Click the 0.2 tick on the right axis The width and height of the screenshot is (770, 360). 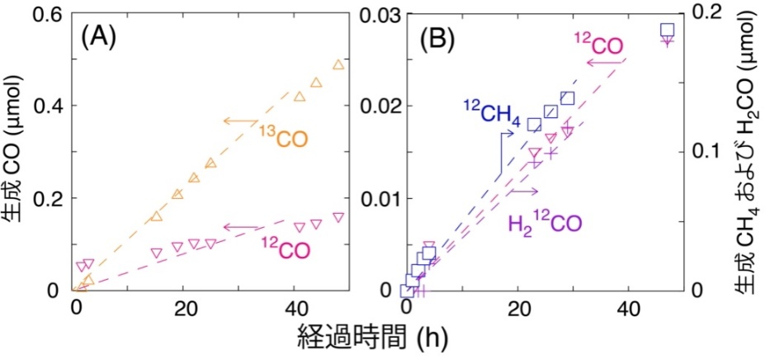point(706,14)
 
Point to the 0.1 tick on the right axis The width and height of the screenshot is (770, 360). point(706,152)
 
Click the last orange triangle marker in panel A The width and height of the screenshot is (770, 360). point(338,65)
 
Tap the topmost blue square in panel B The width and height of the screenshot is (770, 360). point(667,31)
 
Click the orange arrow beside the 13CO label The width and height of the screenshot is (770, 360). point(240,122)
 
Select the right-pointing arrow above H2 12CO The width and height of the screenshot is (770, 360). point(525,192)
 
